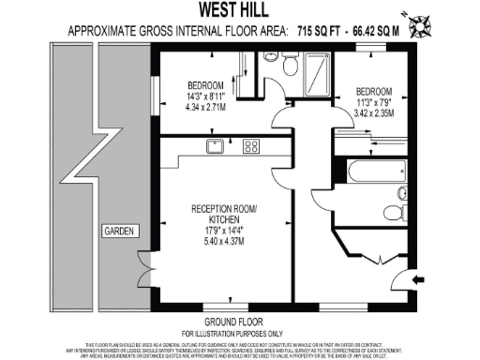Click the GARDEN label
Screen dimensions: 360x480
click(x=118, y=230)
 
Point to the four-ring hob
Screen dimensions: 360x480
click(x=251, y=145)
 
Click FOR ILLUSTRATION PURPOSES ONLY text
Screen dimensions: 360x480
click(x=232, y=333)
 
